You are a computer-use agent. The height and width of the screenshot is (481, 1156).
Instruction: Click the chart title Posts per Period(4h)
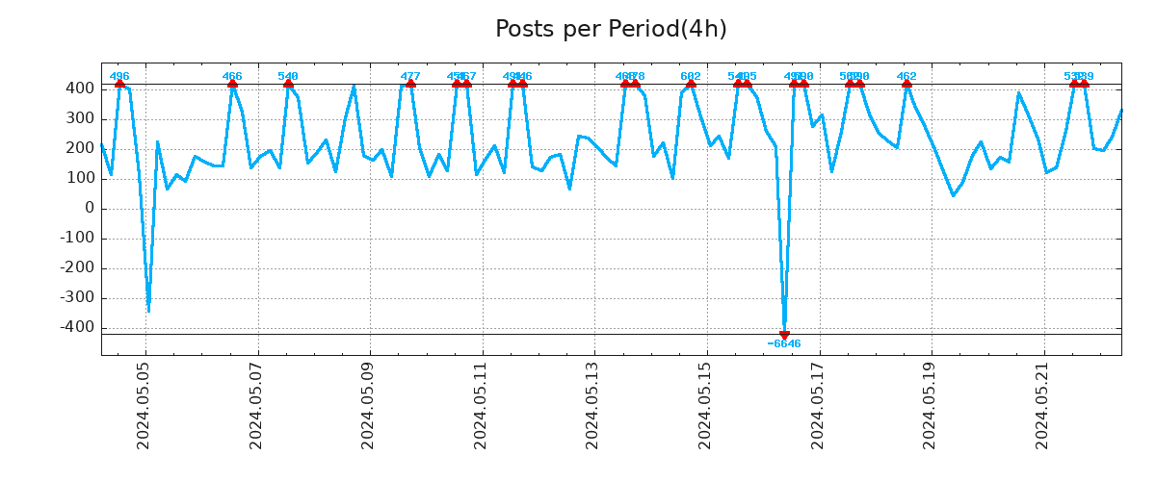click(611, 30)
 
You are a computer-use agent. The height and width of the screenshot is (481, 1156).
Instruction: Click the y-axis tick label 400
click(80, 89)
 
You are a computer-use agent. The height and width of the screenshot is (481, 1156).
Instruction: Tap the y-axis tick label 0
click(90, 209)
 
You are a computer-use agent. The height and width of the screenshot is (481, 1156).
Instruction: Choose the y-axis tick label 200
click(80, 148)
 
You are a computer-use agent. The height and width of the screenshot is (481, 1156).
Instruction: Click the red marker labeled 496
click(119, 85)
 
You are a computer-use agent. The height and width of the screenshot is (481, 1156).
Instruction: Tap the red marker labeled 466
click(232, 85)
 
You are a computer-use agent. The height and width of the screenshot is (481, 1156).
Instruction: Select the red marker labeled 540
click(288, 85)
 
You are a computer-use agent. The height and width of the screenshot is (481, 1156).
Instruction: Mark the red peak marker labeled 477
click(410, 85)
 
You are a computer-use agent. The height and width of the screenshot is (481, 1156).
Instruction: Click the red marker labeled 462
click(906, 85)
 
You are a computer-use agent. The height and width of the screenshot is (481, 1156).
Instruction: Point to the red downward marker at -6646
click(784, 334)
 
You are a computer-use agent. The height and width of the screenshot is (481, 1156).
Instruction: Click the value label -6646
click(784, 344)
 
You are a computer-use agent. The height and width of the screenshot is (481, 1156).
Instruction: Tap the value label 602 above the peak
click(691, 76)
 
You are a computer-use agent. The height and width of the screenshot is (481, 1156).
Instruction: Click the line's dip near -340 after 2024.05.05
click(148, 310)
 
